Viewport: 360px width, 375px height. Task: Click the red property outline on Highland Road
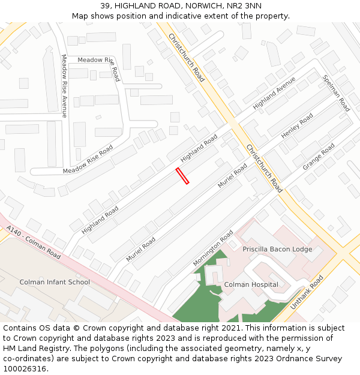(x=182, y=176)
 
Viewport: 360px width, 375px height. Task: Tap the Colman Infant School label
(x=55, y=282)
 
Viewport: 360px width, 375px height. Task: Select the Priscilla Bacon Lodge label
(x=277, y=249)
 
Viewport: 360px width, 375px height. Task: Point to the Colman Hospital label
(x=251, y=284)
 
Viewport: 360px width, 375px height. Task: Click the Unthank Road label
(x=307, y=292)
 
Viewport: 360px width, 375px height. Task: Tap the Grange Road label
(x=319, y=156)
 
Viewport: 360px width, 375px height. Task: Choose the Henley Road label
(x=297, y=126)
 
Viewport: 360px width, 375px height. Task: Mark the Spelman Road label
(x=336, y=93)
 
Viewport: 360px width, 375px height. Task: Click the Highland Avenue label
(x=274, y=93)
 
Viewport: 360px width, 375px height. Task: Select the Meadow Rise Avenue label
(x=64, y=86)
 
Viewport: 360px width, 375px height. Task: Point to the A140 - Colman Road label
(x=34, y=242)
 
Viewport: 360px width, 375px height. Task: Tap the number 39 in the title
(x=106, y=5)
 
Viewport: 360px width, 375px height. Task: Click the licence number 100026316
(x=25, y=369)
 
